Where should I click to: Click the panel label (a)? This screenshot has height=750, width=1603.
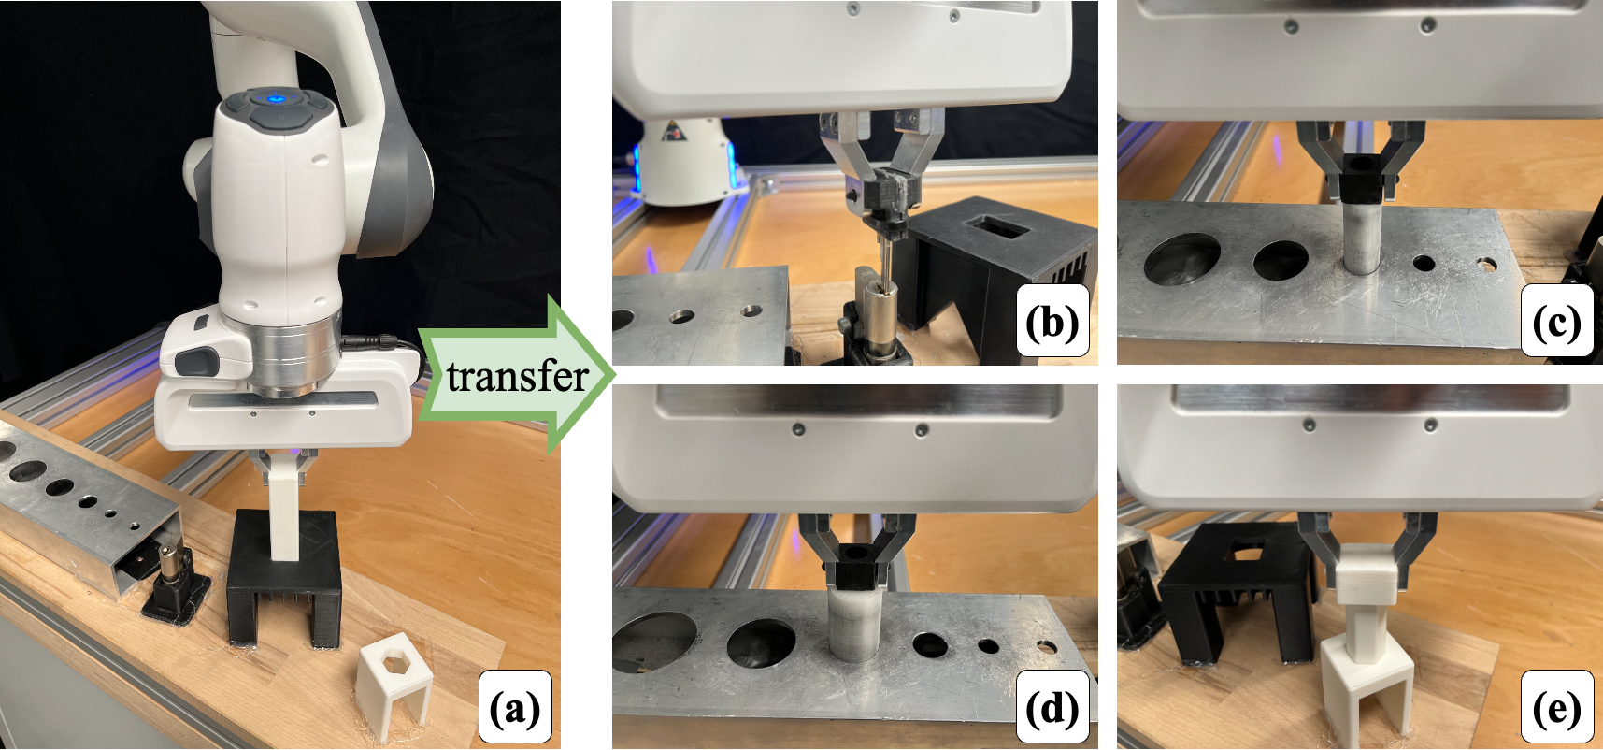tap(514, 709)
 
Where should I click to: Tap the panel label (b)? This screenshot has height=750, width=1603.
tap(1052, 323)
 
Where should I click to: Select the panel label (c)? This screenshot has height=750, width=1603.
tap(1555, 323)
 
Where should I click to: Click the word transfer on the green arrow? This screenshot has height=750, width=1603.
tap(517, 376)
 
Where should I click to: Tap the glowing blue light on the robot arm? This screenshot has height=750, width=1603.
tap(275, 97)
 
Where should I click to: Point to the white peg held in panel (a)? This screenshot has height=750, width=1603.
tap(285, 510)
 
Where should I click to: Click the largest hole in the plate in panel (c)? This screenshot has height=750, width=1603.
tap(1181, 258)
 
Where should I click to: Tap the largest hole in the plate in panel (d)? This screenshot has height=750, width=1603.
tap(654, 643)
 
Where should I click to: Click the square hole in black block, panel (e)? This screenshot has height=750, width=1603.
tap(1245, 553)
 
